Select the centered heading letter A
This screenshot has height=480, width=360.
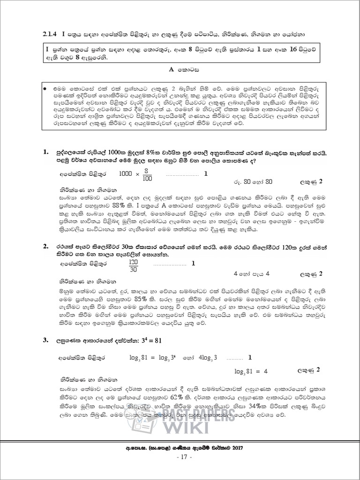(x=172, y=69)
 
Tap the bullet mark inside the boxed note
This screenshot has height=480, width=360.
(x=44, y=88)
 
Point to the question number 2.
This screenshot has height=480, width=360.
(x=45, y=246)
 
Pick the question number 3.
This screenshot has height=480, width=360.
(x=45, y=340)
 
